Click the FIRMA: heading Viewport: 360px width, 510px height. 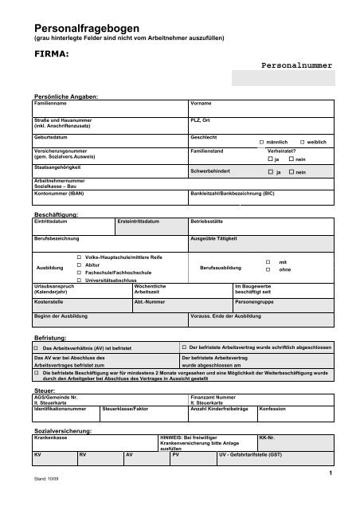(x=51, y=54)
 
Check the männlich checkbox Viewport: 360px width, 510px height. (x=263, y=141)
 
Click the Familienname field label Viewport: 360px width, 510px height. (x=50, y=104)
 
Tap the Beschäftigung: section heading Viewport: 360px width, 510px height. (x=55, y=214)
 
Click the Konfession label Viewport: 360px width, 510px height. (x=273, y=408)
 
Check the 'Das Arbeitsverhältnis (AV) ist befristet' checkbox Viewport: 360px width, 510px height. (x=36, y=348)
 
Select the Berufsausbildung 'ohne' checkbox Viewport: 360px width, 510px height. (x=268, y=269)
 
